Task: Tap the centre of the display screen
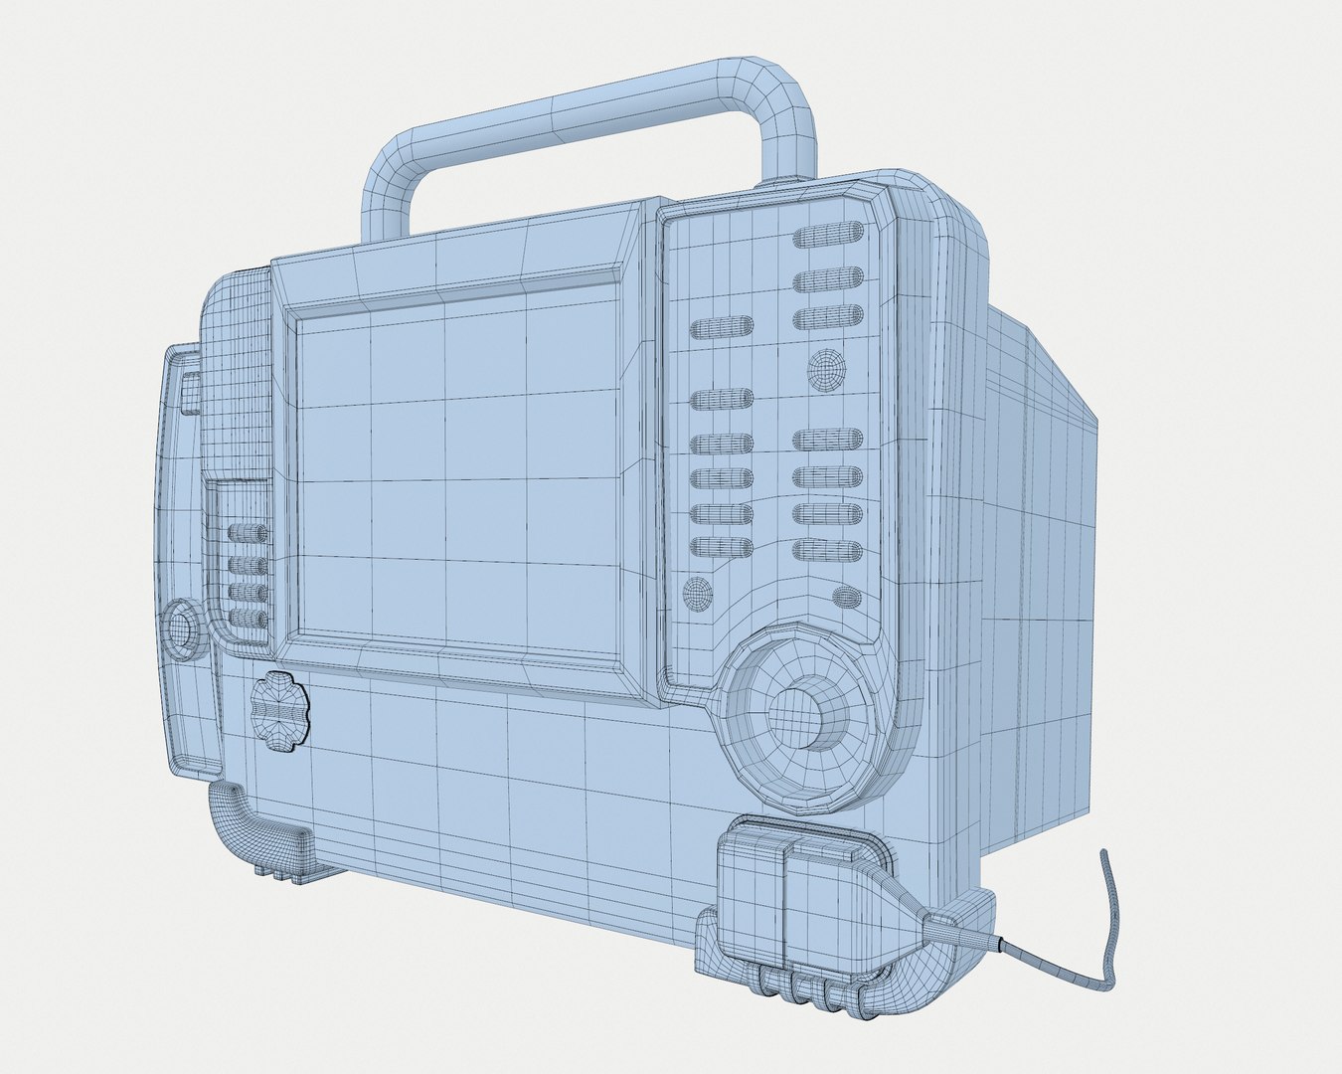coord(458,476)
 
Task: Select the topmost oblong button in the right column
coord(827,238)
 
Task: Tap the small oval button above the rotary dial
coord(845,597)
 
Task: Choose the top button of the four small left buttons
coord(248,533)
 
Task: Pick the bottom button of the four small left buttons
coord(248,619)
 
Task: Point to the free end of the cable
coord(1102,855)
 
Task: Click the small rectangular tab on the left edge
coord(190,392)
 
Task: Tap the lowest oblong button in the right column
coord(827,549)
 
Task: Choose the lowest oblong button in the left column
coord(721,547)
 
